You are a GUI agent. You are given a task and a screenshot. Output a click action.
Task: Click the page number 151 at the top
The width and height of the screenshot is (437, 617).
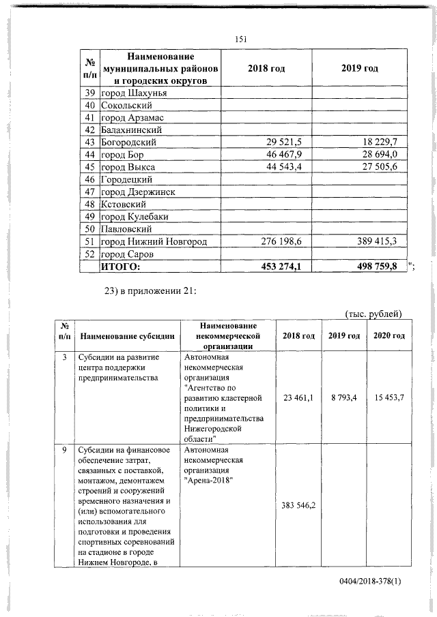point(240,40)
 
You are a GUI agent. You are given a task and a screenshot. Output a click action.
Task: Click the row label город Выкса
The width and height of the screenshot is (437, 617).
point(128,167)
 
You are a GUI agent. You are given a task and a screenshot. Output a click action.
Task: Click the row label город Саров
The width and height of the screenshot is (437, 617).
point(128,254)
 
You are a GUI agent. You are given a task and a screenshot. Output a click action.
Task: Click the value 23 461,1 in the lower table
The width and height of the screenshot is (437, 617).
point(297,397)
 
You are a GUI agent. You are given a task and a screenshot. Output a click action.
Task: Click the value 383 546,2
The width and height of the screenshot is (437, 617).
point(297,505)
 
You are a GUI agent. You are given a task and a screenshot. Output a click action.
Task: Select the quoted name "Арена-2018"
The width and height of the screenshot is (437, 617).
point(209,481)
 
